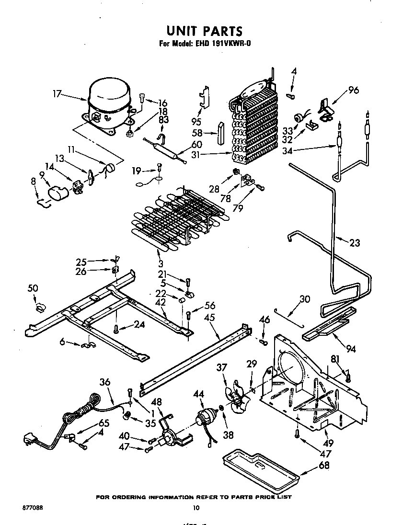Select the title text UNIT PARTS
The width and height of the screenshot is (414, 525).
pyautogui.click(x=204, y=31)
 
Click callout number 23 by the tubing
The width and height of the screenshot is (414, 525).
pyautogui.click(x=354, y=243)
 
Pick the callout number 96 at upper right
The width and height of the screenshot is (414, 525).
pyautogui.click(x=354, y=90)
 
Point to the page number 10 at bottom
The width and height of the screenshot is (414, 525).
pyautogui.click(x=195, y=508)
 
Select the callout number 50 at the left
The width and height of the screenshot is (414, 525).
pyautogui.click(x=33, y=288)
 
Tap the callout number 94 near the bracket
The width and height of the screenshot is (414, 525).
pyautogui.click(x=351, y=349)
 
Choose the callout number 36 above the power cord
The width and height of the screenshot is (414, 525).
pyautogui.click(x=105, y=382)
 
